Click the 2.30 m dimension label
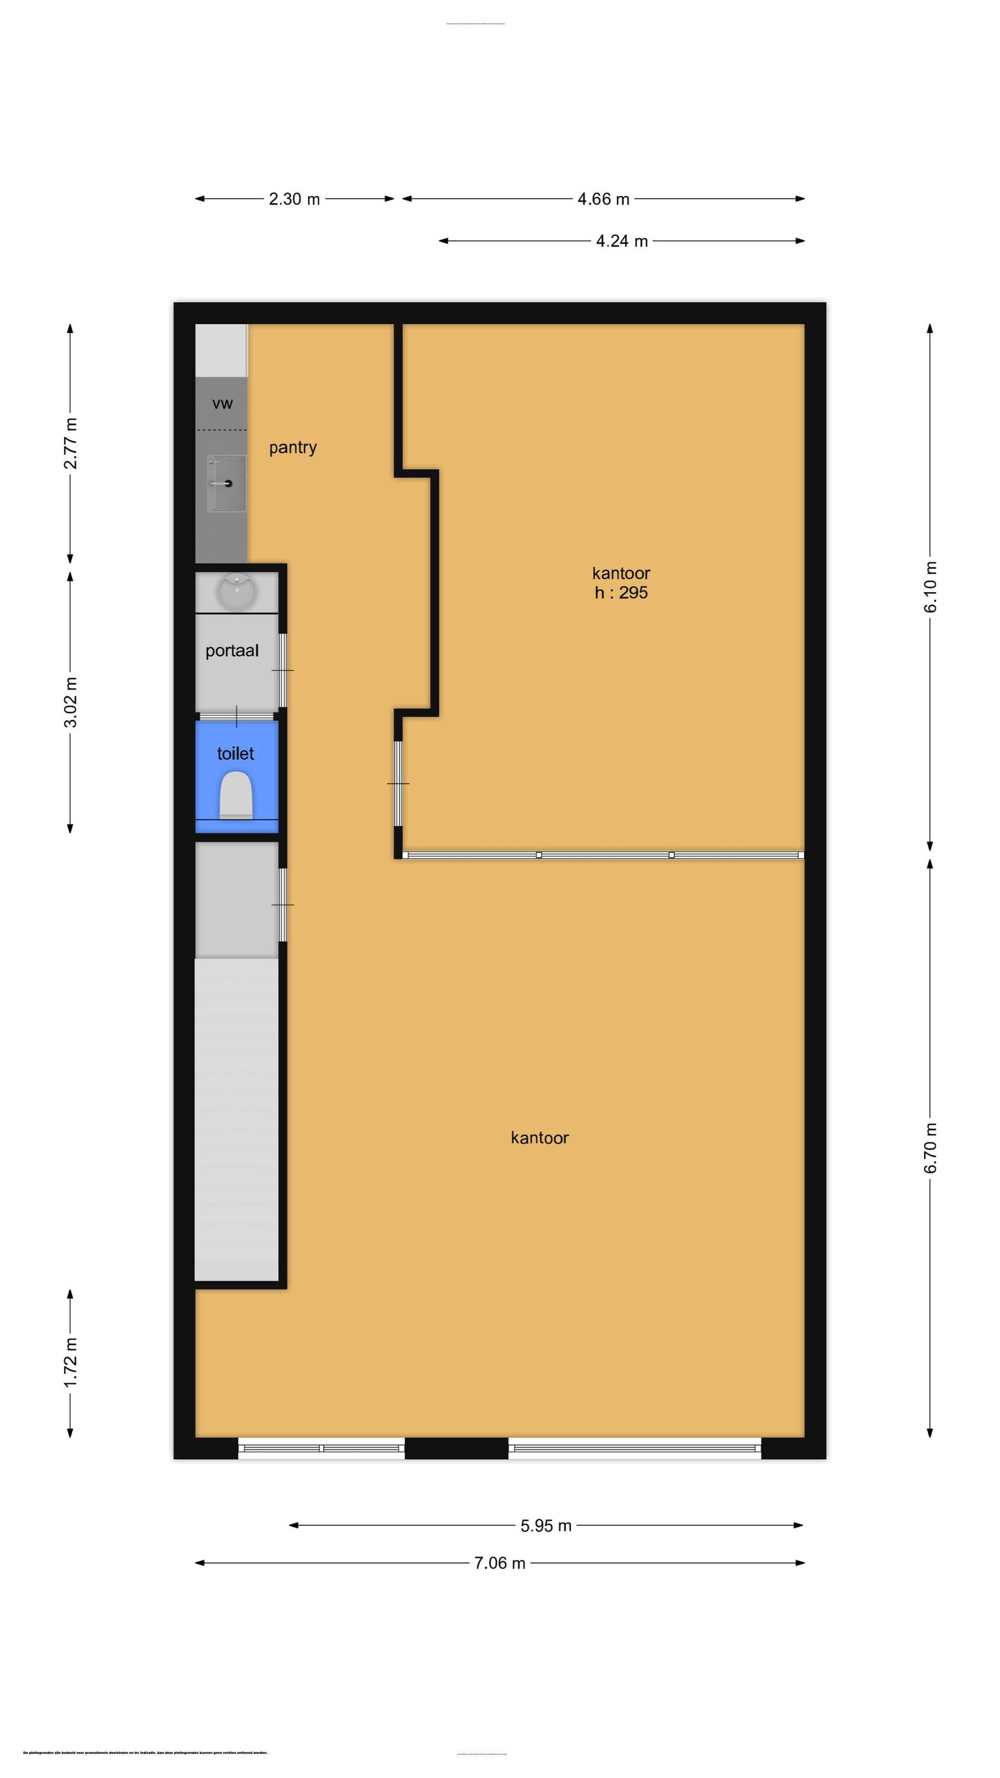(294, 199)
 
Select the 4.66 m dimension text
(603, 199)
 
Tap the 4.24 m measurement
(622, 241)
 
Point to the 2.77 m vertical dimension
(70, 443)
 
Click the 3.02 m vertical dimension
(70, 702)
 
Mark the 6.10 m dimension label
(930, 587)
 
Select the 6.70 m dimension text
(930, 1148)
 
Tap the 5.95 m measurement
(546, 1526)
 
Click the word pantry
(293, 447)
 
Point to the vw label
(222, 404)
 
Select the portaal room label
(232, 650)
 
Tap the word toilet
(235, 753)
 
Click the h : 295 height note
(621, 592)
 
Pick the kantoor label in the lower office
(540, 1137)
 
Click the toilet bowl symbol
(236, 795)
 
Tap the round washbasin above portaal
(237, 591)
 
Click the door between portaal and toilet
(237, 717)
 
